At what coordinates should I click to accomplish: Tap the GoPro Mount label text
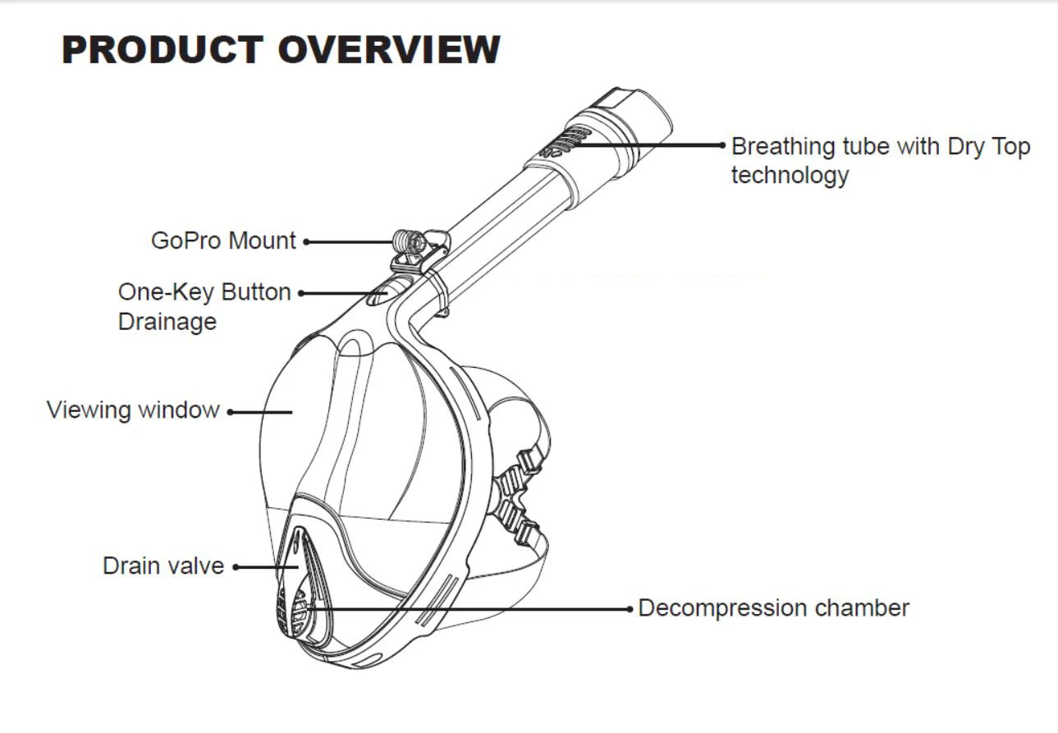(223, 241)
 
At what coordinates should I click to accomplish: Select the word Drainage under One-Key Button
(167, 321)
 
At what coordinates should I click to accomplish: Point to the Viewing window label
(133, 409)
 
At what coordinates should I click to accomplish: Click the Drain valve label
(163, 566)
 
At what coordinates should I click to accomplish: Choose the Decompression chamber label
(773, 608)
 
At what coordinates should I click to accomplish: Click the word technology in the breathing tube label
(790, 175)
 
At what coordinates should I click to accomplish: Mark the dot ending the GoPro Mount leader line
(306, 241)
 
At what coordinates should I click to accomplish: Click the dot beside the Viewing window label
(230, 411)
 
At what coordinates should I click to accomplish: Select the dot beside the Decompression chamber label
(630, 609)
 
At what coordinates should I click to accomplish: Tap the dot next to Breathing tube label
(722, 146)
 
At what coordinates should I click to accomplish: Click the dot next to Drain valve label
(235, 566)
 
